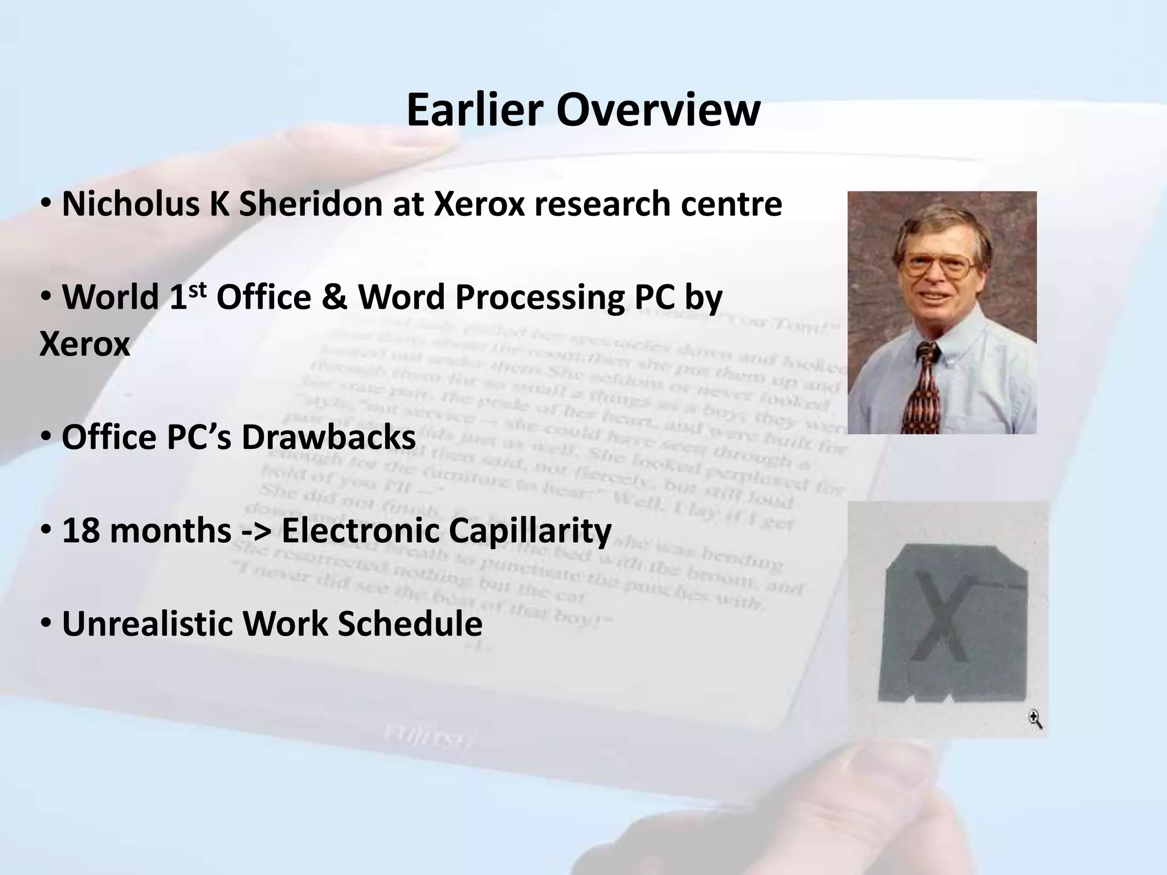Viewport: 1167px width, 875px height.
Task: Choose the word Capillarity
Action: [x=530, y=530]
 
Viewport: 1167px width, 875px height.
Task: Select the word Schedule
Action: [x=410, y=623]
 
